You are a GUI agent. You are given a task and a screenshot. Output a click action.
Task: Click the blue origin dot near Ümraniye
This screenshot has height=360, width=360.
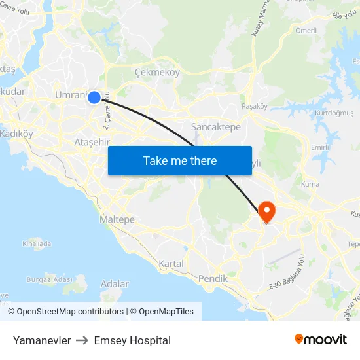click(94, 98)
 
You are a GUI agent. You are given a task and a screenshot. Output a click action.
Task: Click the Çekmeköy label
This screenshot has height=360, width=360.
click(156, 73)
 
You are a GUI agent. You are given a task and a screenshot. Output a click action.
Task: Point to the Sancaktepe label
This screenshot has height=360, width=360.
click(215, 127)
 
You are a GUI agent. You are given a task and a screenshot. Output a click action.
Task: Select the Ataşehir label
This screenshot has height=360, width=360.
click(92, 142)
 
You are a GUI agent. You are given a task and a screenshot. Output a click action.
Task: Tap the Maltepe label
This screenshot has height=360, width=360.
click(117, 219)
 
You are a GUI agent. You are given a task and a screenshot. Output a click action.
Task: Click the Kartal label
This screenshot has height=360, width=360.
click(171, 264)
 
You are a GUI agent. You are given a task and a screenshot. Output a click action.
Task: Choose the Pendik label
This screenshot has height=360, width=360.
click(213, 279)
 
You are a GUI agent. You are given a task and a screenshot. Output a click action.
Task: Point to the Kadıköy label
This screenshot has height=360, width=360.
click(16, 134)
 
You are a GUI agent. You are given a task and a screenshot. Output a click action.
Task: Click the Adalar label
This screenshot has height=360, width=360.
click(115, 284)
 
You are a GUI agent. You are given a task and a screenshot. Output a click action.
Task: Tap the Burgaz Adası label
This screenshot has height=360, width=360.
click(49, 279)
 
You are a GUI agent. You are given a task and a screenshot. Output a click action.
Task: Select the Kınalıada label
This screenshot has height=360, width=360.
click(37, 243)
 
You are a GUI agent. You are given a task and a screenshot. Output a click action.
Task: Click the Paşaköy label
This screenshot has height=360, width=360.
click(255, 105)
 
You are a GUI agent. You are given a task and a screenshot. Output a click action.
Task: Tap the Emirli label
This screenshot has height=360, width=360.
click(320, 147)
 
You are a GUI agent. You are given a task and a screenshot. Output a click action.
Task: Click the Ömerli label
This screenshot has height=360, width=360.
click(306, 30)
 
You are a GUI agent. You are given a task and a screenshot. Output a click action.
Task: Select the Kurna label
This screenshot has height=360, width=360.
click(310, 184)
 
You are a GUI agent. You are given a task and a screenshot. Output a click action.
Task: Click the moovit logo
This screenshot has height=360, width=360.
click(320, 340)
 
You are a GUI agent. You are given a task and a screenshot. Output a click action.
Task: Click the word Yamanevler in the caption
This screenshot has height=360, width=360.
click(42, 340)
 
